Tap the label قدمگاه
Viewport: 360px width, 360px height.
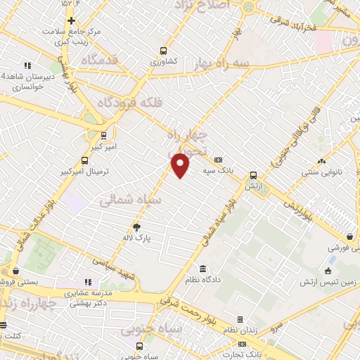(103, 60)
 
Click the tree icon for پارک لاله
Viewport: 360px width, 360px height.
(136, 227)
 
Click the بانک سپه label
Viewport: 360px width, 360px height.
(218, 170)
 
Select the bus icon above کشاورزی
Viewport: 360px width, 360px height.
(163, 51)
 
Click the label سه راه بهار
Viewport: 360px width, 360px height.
(224, 63)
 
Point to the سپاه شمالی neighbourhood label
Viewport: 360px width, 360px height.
(130, 201)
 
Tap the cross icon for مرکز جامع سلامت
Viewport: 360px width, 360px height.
(71, 20)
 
